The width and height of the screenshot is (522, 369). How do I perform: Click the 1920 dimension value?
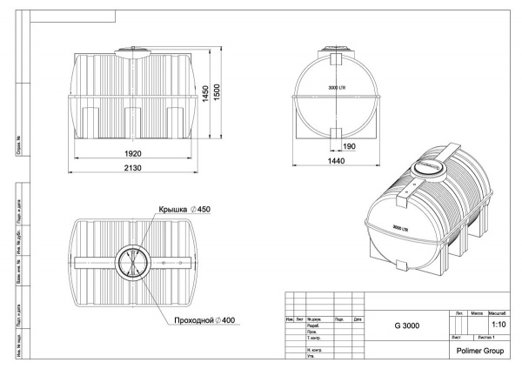pos(133,153)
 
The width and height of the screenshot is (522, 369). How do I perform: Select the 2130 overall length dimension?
pos(133,168)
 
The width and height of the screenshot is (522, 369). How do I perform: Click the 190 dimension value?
pos(349,146)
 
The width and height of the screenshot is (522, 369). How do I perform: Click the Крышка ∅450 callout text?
pos(185,211)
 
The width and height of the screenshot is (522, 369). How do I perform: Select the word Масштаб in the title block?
pos(499,311)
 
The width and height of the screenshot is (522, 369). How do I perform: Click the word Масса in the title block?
pos(477,311)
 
